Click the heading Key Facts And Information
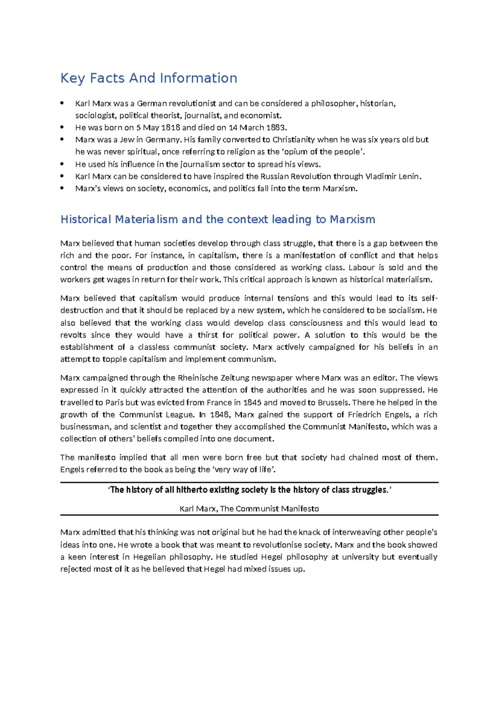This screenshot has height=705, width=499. [x=148, y=78]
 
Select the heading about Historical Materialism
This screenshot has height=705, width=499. [x=217, y=219]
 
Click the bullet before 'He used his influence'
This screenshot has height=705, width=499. [x=62, y=164]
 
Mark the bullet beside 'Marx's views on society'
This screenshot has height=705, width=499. [x=62, y=188]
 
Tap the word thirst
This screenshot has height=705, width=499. [x=208, y=335]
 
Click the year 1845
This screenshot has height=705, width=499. [x=252, y=402]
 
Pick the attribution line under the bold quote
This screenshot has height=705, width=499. [x=249, y=509]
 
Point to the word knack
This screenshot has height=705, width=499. [x=309, y=532]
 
